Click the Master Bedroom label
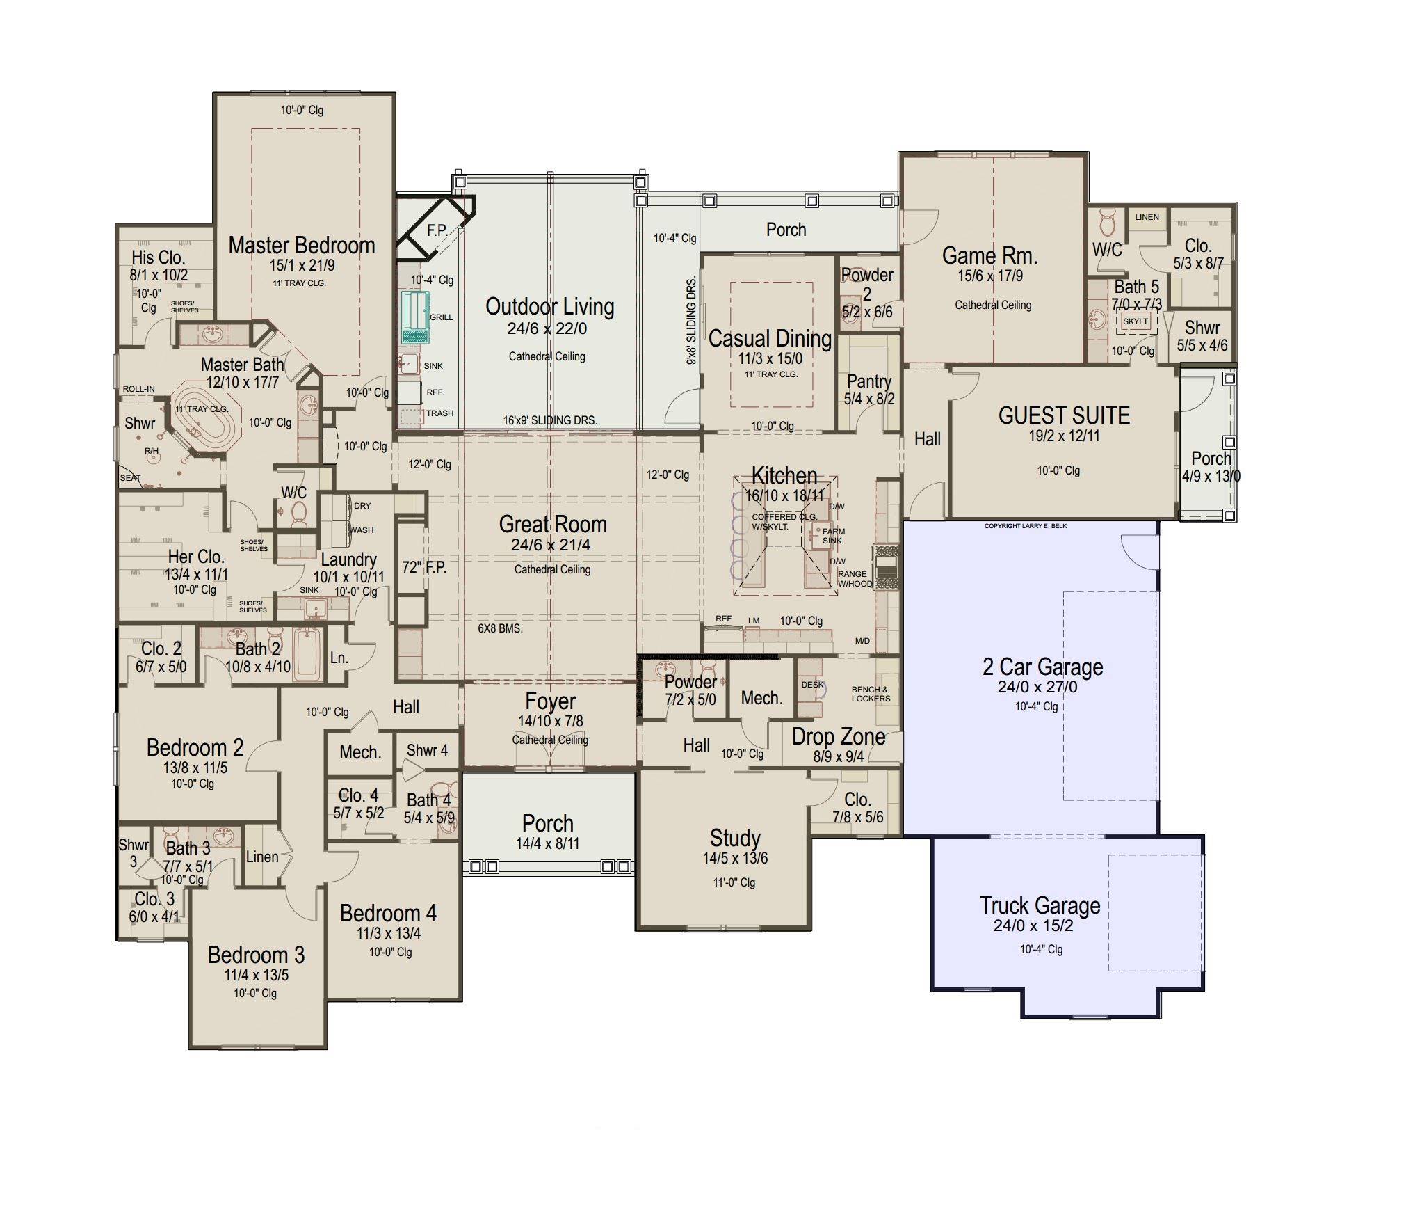tap(302, 246)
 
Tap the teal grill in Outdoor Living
tap(416, 318)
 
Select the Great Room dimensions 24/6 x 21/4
tap(551, 546)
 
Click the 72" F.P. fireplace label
tap(424, 567)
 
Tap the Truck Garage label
tap(1040, 905)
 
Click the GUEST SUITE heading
tap(1064, 415)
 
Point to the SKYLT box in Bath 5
tap(1135, 321)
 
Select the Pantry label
tap(869, 382)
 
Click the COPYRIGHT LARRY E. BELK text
tap(1026, 526)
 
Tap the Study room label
tap(735, 839)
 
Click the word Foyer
tap(551, 701)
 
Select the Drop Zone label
tap(839, 737)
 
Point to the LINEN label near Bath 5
tap(1147, 217)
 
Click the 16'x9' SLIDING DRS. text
tap(550, 420)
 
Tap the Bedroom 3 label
tap(256, 955)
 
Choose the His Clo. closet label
tap(159, 257)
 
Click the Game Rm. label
tap(989, 256)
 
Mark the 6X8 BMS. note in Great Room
tap(500, 628)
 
